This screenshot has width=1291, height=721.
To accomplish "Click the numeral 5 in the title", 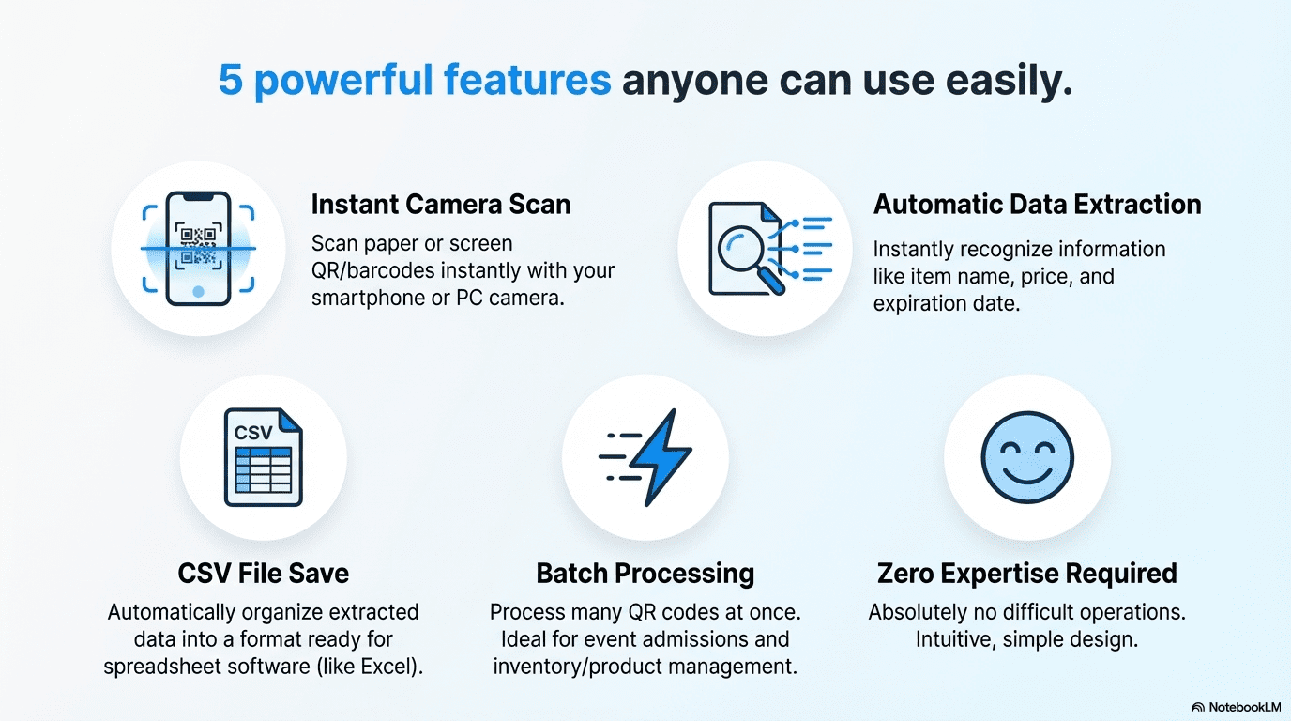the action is pos(231,80).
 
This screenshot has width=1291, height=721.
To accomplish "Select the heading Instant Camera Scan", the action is pos(441,204).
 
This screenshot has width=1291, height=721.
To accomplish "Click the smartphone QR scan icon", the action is pos(198,249).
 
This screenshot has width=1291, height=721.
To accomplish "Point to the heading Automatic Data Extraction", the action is pos(1038,204).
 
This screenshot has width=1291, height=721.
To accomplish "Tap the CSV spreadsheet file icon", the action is pos(264,457).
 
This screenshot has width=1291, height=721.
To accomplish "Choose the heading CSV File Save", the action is pos(264,574).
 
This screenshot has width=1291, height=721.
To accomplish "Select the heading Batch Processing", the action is pos(645,574).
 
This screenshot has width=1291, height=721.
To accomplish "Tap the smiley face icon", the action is pos(1027,457).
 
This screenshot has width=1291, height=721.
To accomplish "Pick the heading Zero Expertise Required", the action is pos(1027,574).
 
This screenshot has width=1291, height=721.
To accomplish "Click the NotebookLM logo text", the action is pos(1244,707).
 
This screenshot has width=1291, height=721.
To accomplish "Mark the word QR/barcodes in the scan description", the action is pos(372,270).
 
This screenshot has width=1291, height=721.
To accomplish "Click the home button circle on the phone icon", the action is pos(198,291).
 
